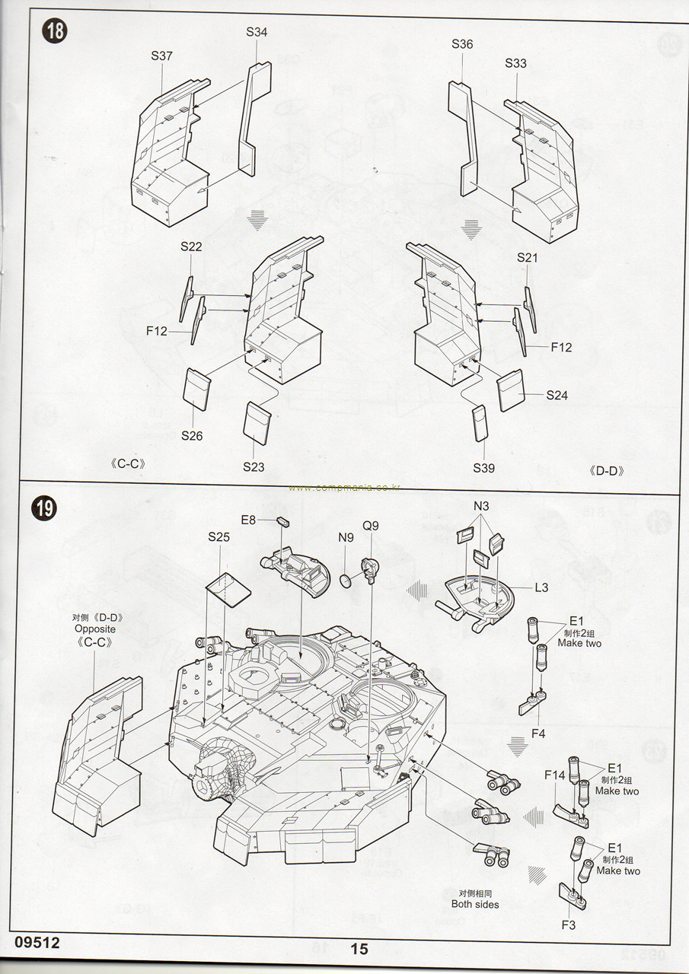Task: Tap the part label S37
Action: tap(162, 56)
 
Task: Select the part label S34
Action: tap(257, 32)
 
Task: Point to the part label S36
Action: tap(462, 44)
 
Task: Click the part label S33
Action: tap(515, 63)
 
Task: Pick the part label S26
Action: tap(192, 436)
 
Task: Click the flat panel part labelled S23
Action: tap(257, 423)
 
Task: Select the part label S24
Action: tap(557, 395)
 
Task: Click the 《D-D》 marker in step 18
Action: tap(607, 470)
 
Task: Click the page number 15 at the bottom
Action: tap(359, 948)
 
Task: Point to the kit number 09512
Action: tap(36, 942)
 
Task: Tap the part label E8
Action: tap(248, 520)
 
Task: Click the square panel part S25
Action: tap(228, 588)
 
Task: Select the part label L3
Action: tap(541, 587)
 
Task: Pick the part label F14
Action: tap(555, 775)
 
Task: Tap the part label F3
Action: tap(569, 925)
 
